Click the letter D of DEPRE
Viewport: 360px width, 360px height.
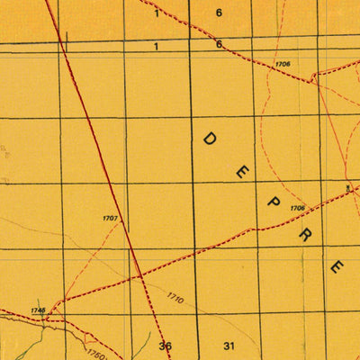pyautogui.click(x=209, y=139)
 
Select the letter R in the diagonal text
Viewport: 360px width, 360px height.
pyautogui.click(x=305, y=235)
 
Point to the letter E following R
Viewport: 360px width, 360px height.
pyautogui.click(x=337, y=266)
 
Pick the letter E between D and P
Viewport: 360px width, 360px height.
pyautogui.click(x=241, y=172)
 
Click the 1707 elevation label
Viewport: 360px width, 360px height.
pyautogui.click(x=111, y=219)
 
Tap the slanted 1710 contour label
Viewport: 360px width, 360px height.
pyautogui.click(x=175, y=297)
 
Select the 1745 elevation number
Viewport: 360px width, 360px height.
pyautogui.click(x=37, y=310)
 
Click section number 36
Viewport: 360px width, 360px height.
pyautogui.click(x=165, y=346)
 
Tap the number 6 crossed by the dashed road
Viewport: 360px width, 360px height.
pyautogui.click(x=219, y=44)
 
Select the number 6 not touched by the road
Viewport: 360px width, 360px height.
pyautogui.click(x=219, y=13)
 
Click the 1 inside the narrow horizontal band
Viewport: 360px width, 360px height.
pyautogui.click(x=156, y=45)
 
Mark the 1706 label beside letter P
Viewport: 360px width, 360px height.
pyautogui.click(x=297, y=209)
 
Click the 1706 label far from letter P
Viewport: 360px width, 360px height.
pyautogui.click(x=283, y=64)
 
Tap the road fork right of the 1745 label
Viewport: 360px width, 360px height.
pyautogui.click(x=50, y=316)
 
